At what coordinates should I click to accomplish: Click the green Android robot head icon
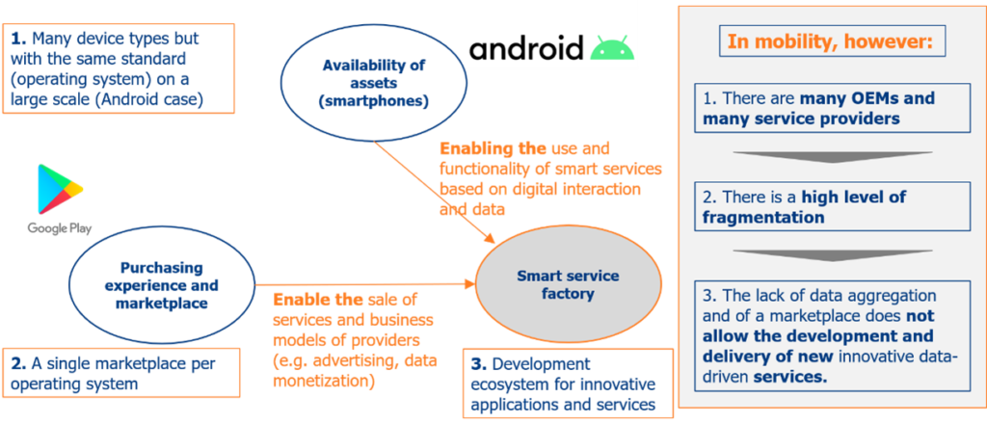click(612, 49)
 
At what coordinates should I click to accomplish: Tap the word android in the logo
click(525, 49)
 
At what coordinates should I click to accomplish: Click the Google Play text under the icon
click(60, 228)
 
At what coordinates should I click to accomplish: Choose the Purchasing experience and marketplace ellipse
click(161, 285)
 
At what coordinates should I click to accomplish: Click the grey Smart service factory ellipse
click(568, 285)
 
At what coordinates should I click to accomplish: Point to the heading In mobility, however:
click(828, 41)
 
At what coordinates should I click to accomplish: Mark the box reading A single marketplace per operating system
click(121, 372)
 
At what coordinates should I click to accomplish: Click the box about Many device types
click(119, 68)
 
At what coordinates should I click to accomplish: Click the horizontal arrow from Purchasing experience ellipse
click(365, 285)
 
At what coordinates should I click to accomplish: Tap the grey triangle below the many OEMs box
click(832, 156)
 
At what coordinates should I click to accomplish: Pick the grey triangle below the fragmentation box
click(832, 254)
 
